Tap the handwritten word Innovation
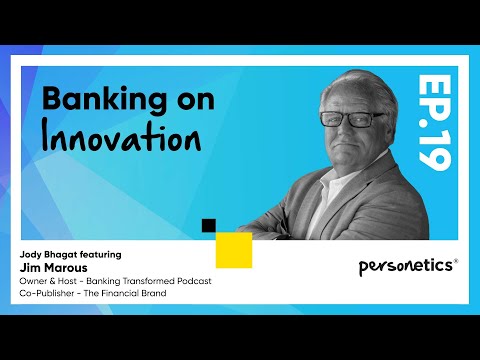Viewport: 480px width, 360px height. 121,137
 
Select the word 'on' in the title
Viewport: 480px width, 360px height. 196,101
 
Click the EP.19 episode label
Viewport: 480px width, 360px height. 434,122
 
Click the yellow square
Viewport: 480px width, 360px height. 234,250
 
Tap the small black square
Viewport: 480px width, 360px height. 209,226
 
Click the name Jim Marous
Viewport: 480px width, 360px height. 53,268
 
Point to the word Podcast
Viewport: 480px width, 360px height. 194,281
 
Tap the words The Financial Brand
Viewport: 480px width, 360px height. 125,293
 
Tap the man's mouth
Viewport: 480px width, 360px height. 348,146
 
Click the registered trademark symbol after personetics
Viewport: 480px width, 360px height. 456,261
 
